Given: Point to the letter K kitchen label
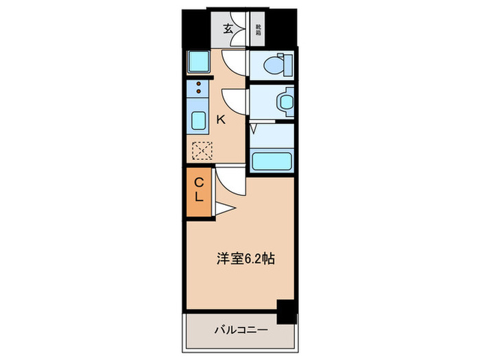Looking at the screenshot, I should [221, 119].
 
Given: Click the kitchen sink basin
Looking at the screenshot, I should [198, 121].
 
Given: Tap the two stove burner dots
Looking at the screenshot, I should [199, 88].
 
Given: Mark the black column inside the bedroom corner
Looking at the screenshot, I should [287, 311].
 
